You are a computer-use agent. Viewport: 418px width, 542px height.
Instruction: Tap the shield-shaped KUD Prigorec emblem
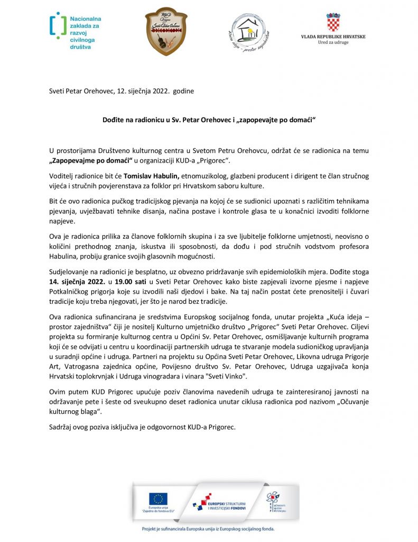click(165, 31)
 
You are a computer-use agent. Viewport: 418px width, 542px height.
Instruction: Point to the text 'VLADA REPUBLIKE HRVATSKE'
click(333, 37)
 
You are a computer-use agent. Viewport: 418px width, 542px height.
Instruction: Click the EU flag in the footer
click(157, 498)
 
